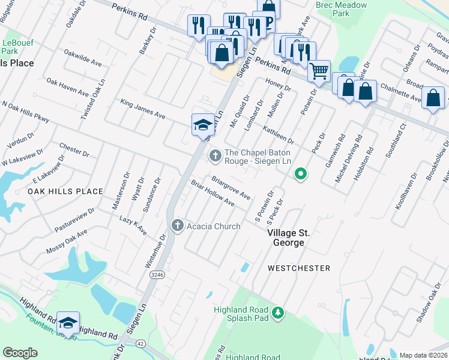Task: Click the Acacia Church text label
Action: (213, 226)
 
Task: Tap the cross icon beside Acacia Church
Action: (177, 226)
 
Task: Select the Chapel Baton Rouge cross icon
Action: (215, 156)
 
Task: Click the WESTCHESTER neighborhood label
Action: (298, 268)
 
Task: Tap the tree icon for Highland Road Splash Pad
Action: (277, 313)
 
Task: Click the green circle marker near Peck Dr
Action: (301, 175)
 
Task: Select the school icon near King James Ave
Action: (203, 124)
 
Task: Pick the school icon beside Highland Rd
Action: (68, 323)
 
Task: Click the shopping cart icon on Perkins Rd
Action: (319, 71)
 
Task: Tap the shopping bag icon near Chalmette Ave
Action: (433, 98)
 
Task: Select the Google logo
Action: (20, 353)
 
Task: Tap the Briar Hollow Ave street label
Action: (212, 193)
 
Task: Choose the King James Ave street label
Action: (143, 109)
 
